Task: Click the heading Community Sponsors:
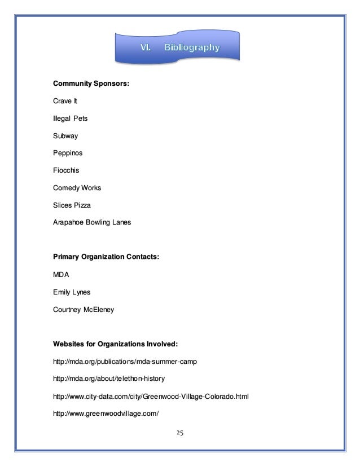(91, 84)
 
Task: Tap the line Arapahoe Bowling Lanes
(91, 223)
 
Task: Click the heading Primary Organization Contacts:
(106, 257)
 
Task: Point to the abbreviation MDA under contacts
(61, 275)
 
